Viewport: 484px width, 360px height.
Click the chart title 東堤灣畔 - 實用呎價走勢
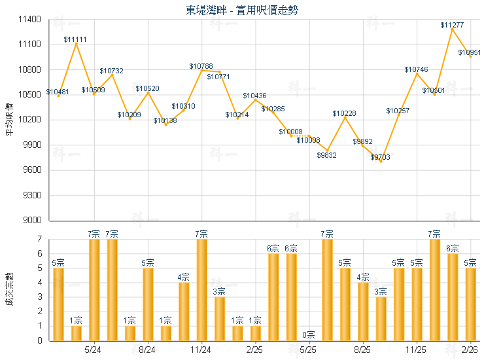click(x=242, y=10)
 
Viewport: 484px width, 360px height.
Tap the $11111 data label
click(x=75, y=39)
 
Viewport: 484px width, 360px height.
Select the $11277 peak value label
click(x=452, y=25)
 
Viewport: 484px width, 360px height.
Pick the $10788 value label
click(x=201, y=66)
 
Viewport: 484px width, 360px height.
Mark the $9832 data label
click(x=327, y=155)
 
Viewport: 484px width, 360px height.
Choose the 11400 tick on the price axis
click(x=31, y=20)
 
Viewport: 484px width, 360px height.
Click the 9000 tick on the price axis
click(x=33, y=221)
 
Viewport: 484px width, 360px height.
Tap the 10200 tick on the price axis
click(x=31, y=120)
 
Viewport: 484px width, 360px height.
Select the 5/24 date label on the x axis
click(x=94, y=350)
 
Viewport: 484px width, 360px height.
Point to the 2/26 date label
click(x=470, y=350)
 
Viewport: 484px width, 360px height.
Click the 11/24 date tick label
click(x=201, y=350)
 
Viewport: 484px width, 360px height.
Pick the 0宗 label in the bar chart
click(x=309, y=335)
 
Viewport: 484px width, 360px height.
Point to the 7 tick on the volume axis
click(x=40, y=240)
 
